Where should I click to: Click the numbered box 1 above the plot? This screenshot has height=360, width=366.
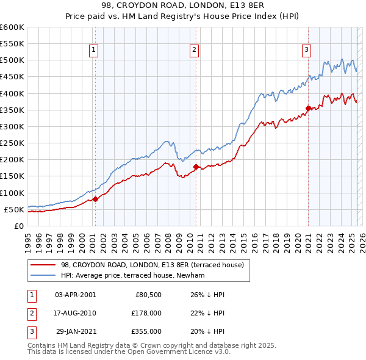pyautogui.click(x=95, y=51)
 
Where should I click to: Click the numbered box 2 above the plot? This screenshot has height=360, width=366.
pyautogui.click(x=194, y=51)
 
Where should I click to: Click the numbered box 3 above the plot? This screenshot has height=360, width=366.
pyautogui.click(x=306, y=51)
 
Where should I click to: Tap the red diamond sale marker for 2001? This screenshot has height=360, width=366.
pyautogui.click(x=95, y=199)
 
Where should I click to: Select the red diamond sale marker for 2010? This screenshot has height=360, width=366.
pyautogui.click(x=196, y=167)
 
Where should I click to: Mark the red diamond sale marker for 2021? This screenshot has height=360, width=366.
pyautogui.click(x=308, y=108)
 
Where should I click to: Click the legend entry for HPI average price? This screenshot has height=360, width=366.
pyautogui.click(x=132, y=275)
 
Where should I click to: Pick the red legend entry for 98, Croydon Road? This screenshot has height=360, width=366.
pyautogui.click(x=152, y=265)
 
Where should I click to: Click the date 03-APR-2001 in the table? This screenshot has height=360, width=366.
pyautogui.click(x=75, y=294)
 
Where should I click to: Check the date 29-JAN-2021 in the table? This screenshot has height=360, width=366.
pyautogui.click(x=75, y=331)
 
